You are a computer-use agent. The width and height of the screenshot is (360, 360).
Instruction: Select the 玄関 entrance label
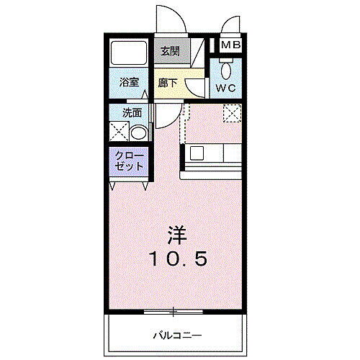170,52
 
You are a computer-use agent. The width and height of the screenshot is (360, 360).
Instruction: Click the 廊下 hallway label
167,82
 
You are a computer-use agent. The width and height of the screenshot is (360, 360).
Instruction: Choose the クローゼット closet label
130,161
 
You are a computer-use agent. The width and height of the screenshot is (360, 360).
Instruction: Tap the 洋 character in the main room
177,233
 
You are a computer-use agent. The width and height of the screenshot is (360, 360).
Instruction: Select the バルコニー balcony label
176,334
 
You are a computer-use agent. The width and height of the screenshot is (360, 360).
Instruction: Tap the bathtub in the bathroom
127,53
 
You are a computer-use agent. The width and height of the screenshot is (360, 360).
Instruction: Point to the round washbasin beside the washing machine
140,132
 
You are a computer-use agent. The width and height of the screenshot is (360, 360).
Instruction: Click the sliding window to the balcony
173,312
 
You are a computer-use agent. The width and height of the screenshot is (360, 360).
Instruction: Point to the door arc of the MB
230,24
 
